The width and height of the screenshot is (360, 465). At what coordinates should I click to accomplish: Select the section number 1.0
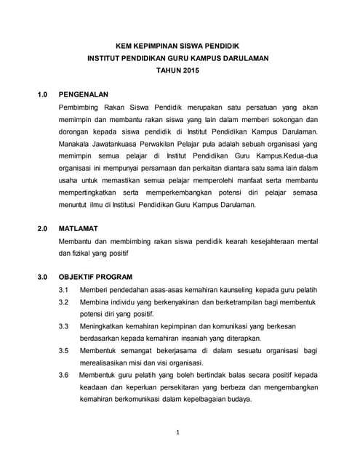tap(42, 94)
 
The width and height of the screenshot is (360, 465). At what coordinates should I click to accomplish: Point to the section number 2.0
tap(42, 228)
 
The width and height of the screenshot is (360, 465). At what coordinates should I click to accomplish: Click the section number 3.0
tap(42, 277)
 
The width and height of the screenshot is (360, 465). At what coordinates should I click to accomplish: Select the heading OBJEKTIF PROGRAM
tap(95, 277)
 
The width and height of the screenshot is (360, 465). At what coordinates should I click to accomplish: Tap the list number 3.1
tap(63, 289)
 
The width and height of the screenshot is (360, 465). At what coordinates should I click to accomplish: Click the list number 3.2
tap(63, 302)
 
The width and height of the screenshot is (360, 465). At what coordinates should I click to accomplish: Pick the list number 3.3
tap(63, 326)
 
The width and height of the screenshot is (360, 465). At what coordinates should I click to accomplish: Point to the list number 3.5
tap(63, 351)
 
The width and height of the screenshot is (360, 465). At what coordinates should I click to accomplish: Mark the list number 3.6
tap(63, 376)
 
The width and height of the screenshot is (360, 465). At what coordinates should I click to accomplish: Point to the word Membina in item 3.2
tap(95, 302)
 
